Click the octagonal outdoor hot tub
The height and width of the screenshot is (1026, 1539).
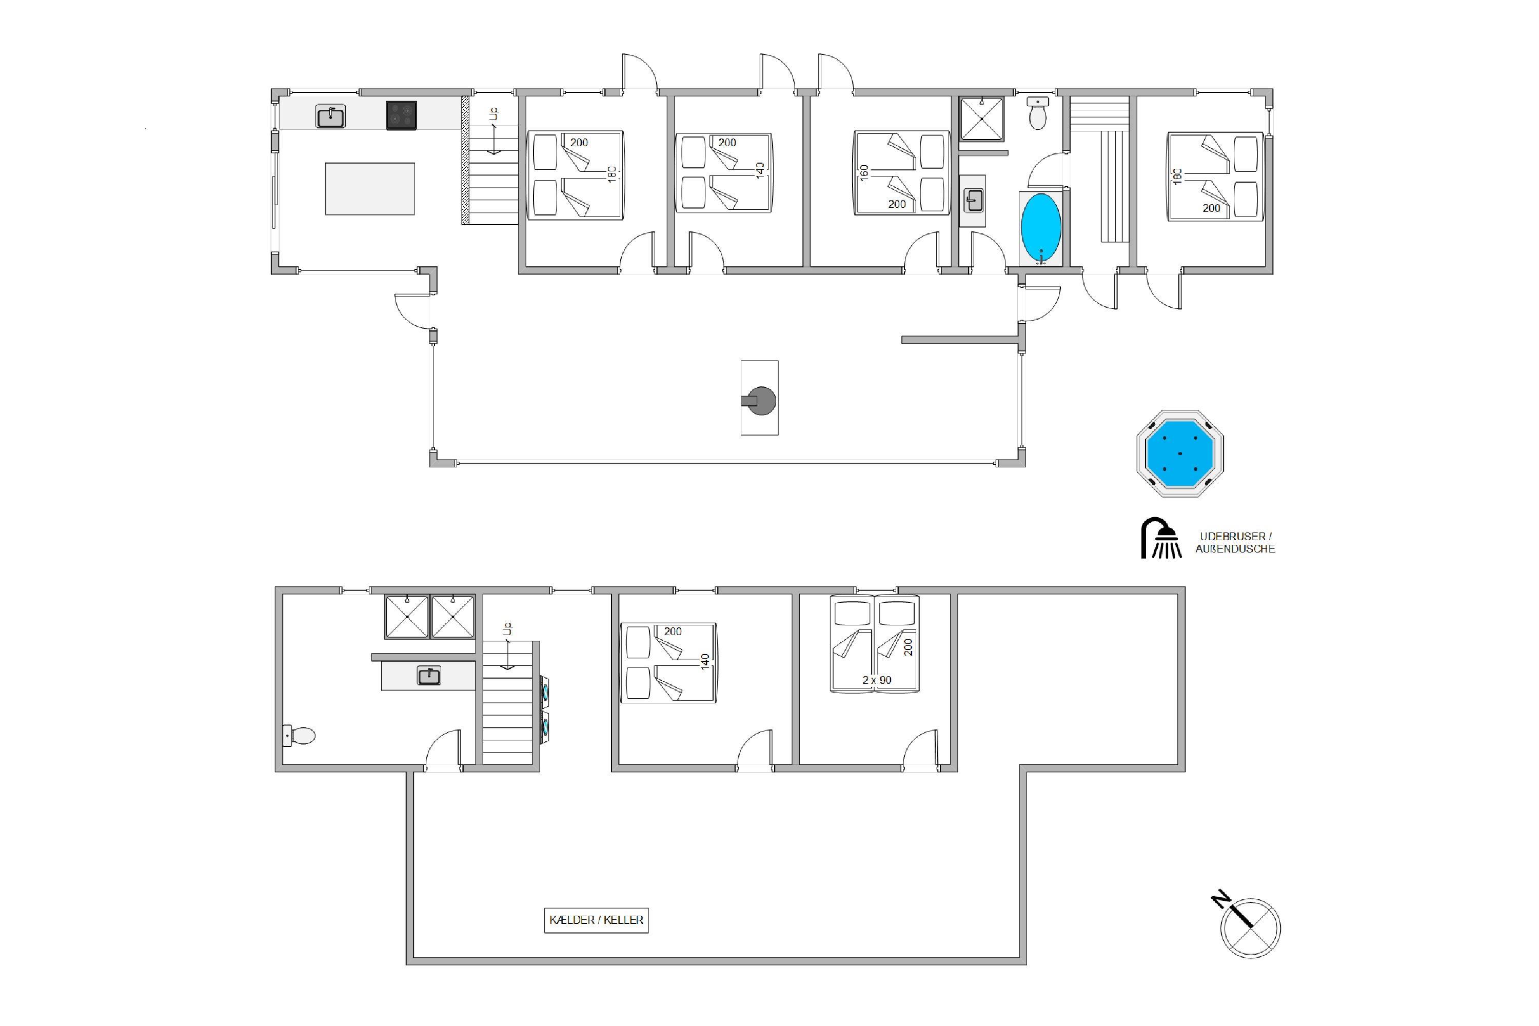tap(1180, 453)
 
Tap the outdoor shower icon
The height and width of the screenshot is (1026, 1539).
tap(1161, 539)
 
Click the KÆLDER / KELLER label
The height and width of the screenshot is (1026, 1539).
tap(596, 920)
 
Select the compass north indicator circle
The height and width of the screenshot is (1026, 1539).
tap(1251, 929)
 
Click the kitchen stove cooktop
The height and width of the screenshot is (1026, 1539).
tap(401, 115)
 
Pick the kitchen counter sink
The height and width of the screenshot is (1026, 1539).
tap(330, 116)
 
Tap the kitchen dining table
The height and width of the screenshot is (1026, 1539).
tap(370, 188)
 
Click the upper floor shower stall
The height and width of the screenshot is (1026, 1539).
tap(981, 119)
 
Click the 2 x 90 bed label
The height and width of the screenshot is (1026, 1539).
tap(877, 680)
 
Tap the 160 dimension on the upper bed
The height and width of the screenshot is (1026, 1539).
tap(864, 173)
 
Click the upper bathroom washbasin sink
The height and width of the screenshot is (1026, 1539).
tap(974, 200)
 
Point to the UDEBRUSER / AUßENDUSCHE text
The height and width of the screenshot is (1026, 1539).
tap(1235, 542)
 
